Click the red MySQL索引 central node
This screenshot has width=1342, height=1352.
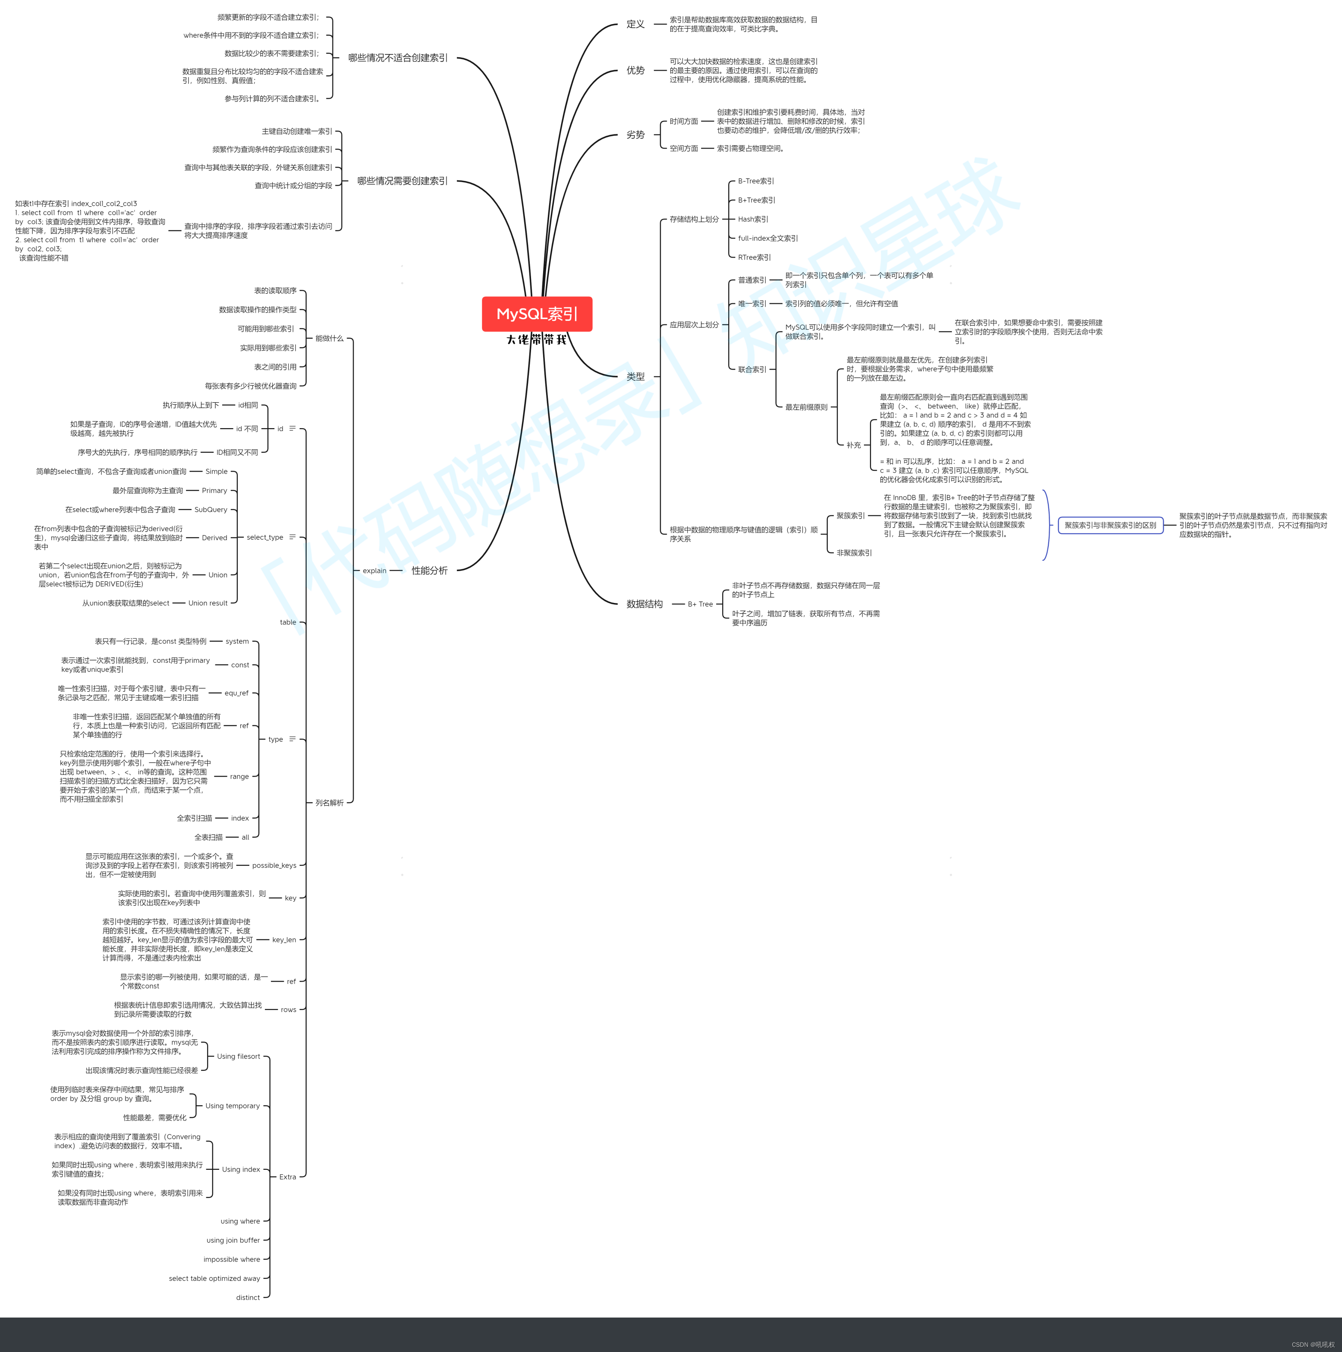click(537, 314)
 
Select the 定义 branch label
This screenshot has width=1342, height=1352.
click(635, 25)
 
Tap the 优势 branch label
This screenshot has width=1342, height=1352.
click(635, 71)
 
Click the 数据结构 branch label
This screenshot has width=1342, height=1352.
click(644, 604)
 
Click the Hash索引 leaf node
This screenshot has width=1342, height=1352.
click(753, 219)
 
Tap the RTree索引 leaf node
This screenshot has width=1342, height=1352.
click(754, 258)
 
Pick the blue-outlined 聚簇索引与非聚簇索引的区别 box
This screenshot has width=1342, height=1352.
click(1110, 525)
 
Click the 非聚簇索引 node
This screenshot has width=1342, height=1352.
click(854, 553)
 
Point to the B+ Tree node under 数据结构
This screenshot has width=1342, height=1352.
click(700, 604)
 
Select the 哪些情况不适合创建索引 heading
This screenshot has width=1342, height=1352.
click(398, 58)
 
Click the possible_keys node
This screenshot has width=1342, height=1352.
click(273, 866)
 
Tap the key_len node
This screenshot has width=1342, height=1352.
click(284, 940)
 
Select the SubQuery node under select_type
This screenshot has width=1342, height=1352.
click(211, 510)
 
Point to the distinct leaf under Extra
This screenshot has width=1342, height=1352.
click(248, 1297)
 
